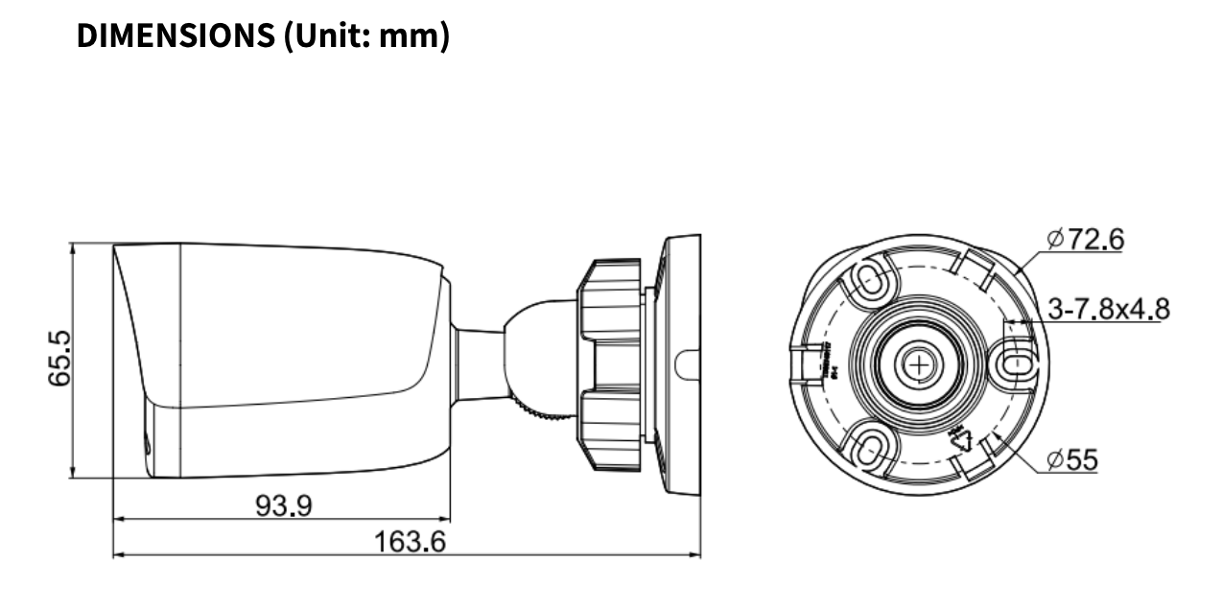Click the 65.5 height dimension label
click(x=60, y=360)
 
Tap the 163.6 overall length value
click(x=409, y=542)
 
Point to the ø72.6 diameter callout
click(x=1086, y=239)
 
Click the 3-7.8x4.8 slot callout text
click(x=1108, y=309)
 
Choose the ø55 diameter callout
click(x=1072, y=460)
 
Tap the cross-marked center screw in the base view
click(x=919, y=363)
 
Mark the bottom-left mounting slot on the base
click(x=869, y=447)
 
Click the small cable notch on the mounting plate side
click(x=686, y=364)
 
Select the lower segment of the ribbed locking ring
click(x=610, y=432)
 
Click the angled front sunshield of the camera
click(x=134, y=316)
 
